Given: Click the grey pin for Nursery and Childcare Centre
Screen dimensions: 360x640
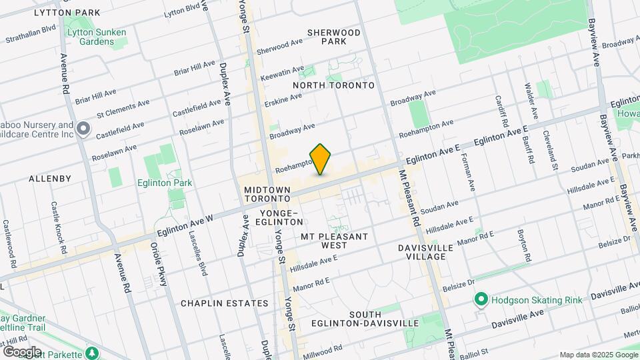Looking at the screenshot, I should pyautogui.click(x=83, y=129).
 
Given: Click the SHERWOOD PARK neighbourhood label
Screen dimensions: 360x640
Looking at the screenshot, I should pyautogui.click(x=334, y=37).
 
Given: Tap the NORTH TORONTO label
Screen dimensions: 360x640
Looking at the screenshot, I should pyautogui.click(x=334, y=85).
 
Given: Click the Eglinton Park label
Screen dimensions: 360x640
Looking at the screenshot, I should pyautogui.click(x=165, y=183).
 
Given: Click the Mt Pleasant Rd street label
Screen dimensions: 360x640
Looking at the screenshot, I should pyautogui.click(x=409, y=196).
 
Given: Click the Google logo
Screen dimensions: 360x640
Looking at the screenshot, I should pyautogui.click(x=22, y=351).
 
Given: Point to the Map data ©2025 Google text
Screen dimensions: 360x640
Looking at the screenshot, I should pyautogui.click(x=597, y=354).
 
